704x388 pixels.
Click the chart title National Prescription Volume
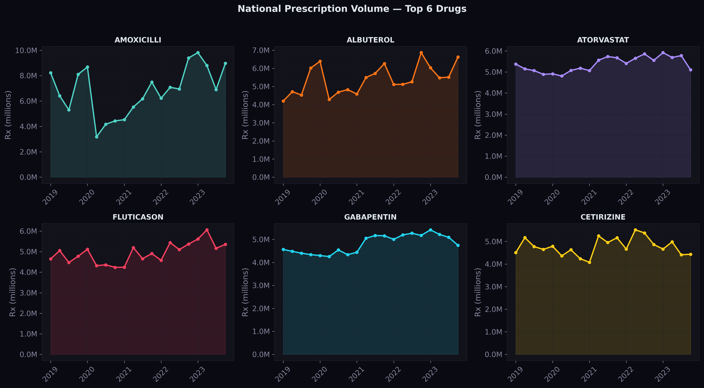(x=352, y=9)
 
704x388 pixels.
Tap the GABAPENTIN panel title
(x=370, y=217)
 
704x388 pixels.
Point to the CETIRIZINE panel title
(x=603, y=217)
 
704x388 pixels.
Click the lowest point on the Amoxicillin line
(x=96, y=137)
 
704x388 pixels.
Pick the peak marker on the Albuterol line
(x=421, y=53)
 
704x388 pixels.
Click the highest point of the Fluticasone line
(x=207, y=230)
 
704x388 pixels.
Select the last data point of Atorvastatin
(x=691, y=70)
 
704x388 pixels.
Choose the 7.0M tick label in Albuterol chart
(x=261, y=50)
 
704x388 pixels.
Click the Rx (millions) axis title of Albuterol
(x=245, y=115)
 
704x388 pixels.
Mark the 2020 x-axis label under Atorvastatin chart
(x=552, y=197)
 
